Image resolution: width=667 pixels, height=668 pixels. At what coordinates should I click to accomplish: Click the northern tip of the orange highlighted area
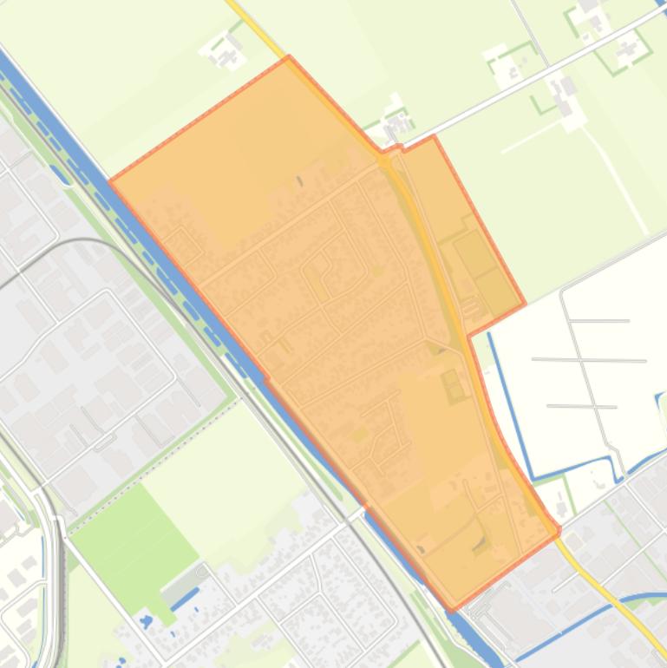click(289, 58)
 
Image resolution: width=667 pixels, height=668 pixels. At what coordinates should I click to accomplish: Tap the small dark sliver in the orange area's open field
click(300, 181)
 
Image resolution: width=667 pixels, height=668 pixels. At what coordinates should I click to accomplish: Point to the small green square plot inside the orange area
click(453, 386)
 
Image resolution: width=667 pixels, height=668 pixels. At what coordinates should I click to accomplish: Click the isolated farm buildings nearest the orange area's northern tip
click(228, 52)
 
